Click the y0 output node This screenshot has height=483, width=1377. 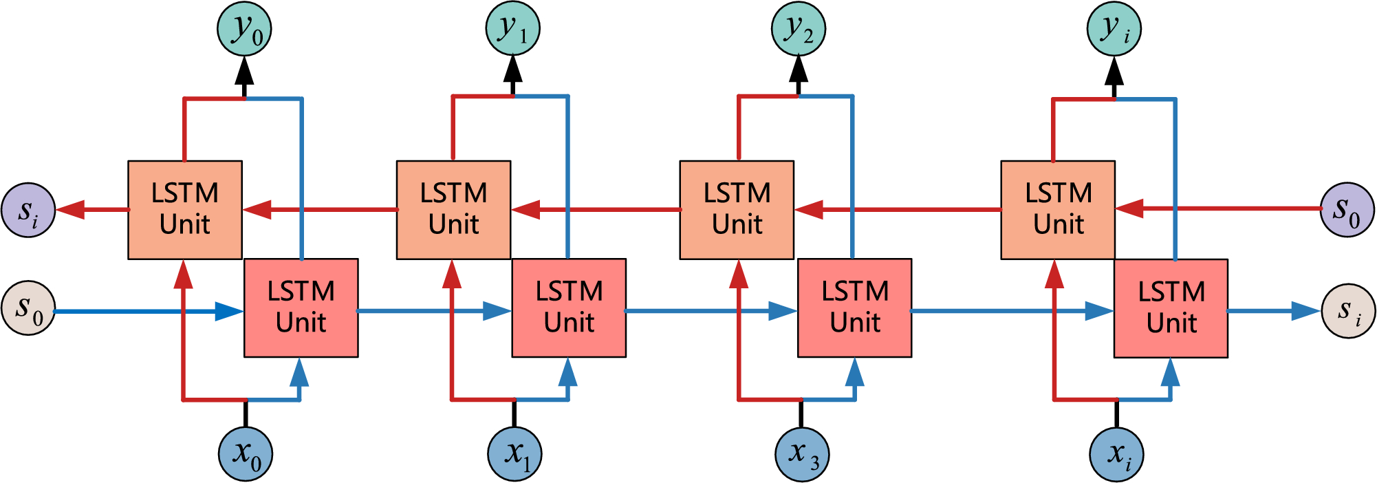point(244,30)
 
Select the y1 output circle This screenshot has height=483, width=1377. point(512,28)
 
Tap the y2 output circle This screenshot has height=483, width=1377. point(798,29)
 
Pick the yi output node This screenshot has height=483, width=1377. point(1114,30)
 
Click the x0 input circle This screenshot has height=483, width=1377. point(246,454)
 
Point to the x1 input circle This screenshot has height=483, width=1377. point(514,454)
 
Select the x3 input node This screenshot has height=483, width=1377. point(802,454)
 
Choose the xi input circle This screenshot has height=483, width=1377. point(1116,454)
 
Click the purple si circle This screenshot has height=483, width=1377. point(28,210)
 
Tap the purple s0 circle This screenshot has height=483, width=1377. point(1347,209)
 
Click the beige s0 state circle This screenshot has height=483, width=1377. point(28,308)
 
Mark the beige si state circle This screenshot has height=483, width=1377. point(1349,311)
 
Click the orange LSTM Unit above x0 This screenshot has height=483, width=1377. point(185,210)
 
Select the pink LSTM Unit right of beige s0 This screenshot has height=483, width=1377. point(301,308)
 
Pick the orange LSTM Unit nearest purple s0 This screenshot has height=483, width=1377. point(1058,210)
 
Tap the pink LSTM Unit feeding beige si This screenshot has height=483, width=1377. point(1171,308)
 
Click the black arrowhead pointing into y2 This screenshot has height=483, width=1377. point(798,69)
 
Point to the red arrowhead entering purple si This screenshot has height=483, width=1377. point(69,209)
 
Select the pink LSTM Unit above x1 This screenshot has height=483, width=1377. point(569,308)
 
